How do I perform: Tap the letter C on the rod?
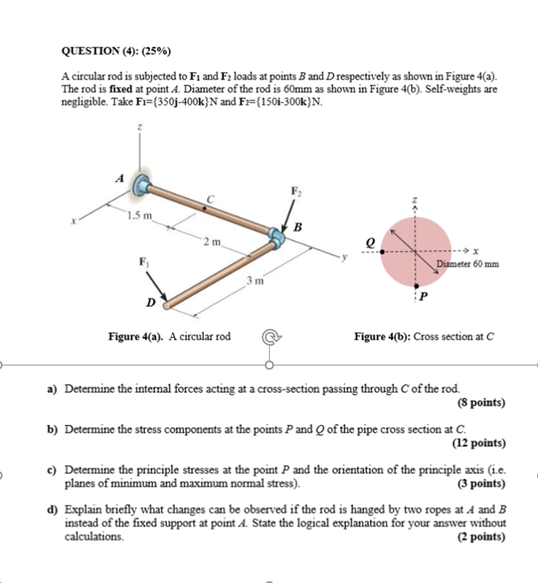(x=210, y=199)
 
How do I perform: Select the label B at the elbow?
(x=298, y=227)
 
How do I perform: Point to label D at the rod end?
(x=150, y=303)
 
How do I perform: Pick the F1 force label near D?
(x=144, y=262)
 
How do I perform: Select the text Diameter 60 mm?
(x=467, y=263)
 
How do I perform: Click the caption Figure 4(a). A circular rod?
(x=169, y=336)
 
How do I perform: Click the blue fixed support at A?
(x=144, y=186)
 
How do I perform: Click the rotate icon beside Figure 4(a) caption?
(x=269, y=337)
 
